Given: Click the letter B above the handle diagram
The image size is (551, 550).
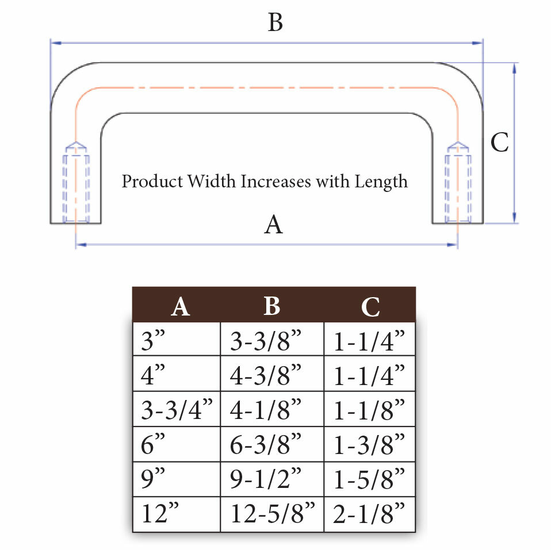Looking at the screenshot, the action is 275,22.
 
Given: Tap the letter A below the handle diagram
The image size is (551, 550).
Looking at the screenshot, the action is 273,224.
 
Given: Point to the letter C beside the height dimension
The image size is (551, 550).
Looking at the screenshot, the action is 499,143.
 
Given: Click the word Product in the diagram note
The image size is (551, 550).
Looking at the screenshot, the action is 152,181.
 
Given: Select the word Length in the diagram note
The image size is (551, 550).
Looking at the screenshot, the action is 381,182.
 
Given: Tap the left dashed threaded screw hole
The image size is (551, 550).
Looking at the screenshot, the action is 76,182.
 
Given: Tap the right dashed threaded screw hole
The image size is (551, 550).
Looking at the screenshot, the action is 458,182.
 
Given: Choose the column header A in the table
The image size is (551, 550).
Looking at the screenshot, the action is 180,307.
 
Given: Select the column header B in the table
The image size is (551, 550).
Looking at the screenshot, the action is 272,306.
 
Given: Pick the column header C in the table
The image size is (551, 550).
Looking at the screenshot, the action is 370,307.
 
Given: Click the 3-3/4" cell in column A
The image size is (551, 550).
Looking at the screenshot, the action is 177,409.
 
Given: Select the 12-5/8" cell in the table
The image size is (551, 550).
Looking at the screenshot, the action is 272,514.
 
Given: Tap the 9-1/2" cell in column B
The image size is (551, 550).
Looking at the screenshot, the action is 272,479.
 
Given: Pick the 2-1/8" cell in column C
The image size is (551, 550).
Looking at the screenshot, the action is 369,514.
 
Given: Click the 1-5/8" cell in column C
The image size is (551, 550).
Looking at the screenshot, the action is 369,479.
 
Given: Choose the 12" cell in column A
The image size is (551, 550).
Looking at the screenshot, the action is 177,514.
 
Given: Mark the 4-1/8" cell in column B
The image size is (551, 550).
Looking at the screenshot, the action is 272,409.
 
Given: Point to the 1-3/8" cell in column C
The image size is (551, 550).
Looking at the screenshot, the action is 369,444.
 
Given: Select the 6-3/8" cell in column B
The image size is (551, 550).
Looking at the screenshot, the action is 272,444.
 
